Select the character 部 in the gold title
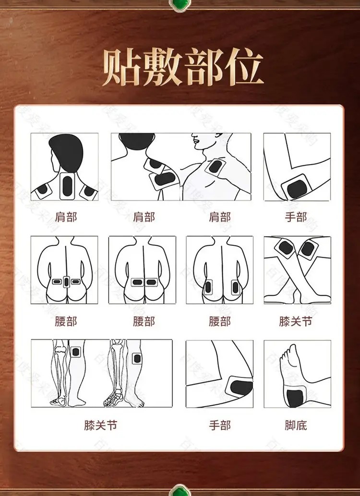point(203,67)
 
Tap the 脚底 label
point(296,425)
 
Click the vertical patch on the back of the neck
point(67,185)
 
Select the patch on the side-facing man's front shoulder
point(215,167)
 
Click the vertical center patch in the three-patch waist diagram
point(66,281)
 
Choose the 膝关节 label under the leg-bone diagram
point(101,425)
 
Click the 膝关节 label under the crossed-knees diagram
point(296,321)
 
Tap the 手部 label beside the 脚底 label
point(220,425)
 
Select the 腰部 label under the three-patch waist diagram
point(66,321)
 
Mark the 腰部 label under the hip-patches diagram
point(220,321)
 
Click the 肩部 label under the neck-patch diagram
point(66,217)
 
